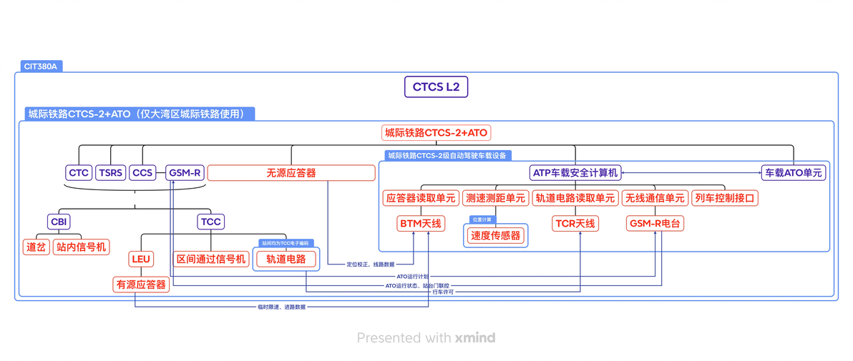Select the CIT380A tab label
click(39, 66)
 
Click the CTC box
click(79, 173)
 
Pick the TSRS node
click(111, 173)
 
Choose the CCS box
click(142, 173)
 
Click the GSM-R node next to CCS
click(184, 173)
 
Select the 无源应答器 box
click(291, 173)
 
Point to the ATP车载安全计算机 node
click(575, 173)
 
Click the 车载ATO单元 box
click(793, 173)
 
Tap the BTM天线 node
click(421, 224)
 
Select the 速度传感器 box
click(495, 235)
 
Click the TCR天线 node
click(575, 224)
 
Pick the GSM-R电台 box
click(655, 224)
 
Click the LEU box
click(140, 259)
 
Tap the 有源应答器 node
click(141, 285)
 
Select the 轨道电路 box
click(286, 259)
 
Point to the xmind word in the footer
click(474, 337)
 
